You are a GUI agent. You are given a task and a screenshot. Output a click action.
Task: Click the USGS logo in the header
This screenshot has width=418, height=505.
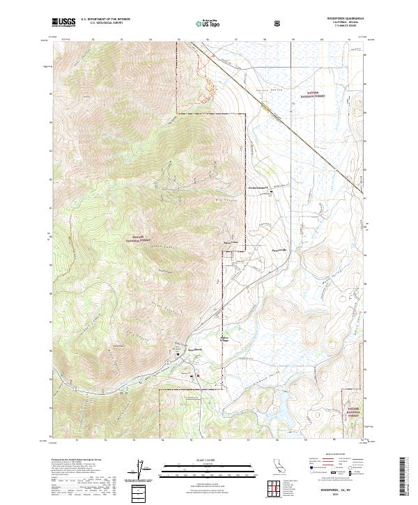63,22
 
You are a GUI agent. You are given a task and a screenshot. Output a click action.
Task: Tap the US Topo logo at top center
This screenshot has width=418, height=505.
210,22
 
